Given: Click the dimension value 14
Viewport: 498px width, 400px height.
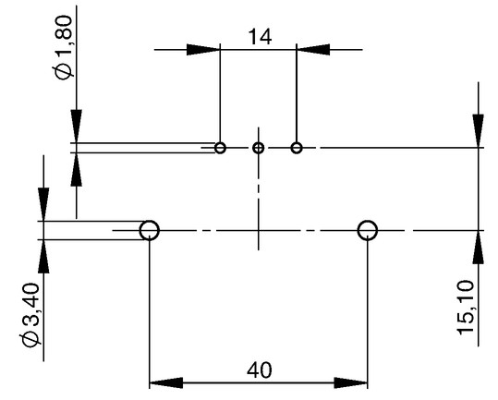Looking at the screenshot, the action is click(260, 37).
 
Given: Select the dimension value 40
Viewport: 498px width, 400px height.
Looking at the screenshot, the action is click(260, 370).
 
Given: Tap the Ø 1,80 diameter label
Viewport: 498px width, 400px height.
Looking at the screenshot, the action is click(63, 48).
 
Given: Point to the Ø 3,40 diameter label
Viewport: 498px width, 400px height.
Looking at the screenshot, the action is click(30, 315).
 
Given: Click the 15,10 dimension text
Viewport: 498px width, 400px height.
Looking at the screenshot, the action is click(466, 308).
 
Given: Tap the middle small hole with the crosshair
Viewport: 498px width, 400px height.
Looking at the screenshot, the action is click(258, 148).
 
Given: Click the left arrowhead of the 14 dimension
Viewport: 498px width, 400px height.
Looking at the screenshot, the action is click(203, 50).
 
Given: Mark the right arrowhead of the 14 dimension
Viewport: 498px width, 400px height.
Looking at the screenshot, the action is click(313, 50).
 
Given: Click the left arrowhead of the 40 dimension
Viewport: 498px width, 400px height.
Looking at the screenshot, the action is click(166, 382).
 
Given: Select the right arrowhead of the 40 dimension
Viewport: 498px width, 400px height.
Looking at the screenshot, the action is click(351, 382).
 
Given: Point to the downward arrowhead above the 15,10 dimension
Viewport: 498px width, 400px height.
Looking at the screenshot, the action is click(478, 131).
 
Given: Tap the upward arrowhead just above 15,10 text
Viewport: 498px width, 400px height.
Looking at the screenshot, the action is click(478, 247).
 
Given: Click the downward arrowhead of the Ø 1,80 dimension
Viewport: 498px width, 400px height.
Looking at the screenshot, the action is click(76, 127).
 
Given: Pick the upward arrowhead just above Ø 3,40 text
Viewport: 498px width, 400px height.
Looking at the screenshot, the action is click(43, 256).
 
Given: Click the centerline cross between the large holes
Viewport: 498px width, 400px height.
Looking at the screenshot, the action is click(258, 230).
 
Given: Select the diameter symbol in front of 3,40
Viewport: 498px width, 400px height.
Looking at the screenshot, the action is click(30, 340).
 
